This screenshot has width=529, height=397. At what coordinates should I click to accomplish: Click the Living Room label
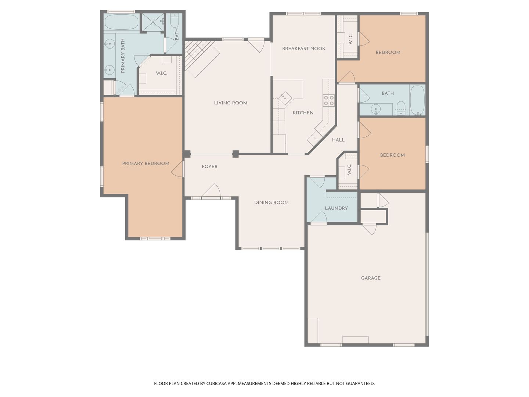click(x=230, y=103)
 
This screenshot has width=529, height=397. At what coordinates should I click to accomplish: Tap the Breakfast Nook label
click(x=303, y=49)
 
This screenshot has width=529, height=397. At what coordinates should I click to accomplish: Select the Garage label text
click(x=371, y=278)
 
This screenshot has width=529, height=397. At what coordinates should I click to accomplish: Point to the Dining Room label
click(x=271, y=203)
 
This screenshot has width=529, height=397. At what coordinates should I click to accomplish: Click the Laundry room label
click(x=336, y=208)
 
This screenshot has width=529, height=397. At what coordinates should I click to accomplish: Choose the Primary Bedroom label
click(x=145, y=164)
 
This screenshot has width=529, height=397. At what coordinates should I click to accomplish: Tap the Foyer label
click(x=209, y=167)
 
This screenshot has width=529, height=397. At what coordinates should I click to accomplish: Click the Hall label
click(x=338, y=140)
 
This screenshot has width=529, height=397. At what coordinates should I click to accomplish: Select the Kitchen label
click(x=303, y=112)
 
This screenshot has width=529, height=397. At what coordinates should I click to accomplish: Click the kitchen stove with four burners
click(x=329, y=100)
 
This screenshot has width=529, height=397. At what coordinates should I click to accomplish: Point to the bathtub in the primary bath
click(x=122, y=22)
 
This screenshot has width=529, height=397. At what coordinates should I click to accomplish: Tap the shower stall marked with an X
click(x=152, y=22)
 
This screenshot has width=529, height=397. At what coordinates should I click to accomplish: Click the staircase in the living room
click(x=202, y=58)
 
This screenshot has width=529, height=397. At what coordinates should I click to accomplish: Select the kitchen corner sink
click(x=285, y=99)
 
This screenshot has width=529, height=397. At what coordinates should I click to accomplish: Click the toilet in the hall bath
click(x=401, y=108)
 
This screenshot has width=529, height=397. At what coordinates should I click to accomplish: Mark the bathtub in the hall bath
click(x=417, y=100)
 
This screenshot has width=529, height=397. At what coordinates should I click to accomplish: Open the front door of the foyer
click(x=211, y=191)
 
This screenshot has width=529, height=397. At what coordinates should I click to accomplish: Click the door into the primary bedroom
click(x=178, y=169)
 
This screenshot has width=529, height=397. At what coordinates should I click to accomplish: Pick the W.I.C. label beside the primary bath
click(x=161, y=73)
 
